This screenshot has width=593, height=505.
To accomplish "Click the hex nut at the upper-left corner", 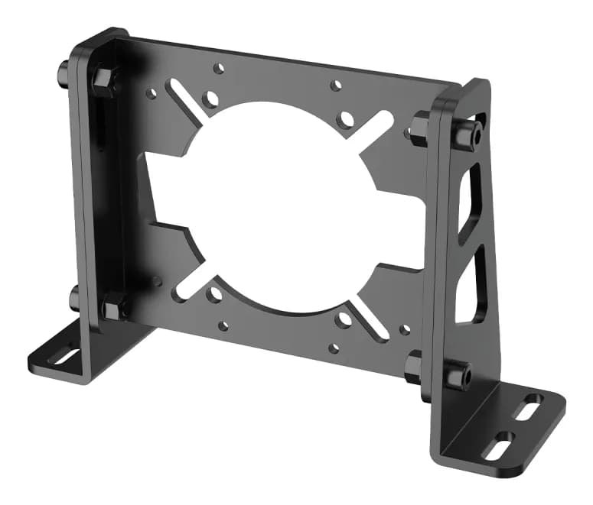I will click(x=103, y=79).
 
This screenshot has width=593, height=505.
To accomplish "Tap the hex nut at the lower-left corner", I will click(x=112, y=308).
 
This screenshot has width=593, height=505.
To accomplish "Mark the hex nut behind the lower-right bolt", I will click(x=413, y=364).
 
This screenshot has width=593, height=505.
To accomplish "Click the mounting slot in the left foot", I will click(x=66, y=356).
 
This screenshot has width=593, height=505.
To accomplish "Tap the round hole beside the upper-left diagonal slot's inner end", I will click(x=208, y=99).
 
